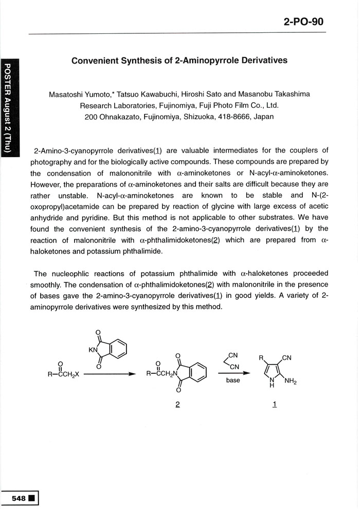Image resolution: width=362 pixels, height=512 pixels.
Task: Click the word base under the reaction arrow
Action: click(233, 381)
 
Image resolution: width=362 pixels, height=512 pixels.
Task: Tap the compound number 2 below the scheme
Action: click(177, 405)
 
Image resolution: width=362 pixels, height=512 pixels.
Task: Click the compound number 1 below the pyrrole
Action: click(275, 405)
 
